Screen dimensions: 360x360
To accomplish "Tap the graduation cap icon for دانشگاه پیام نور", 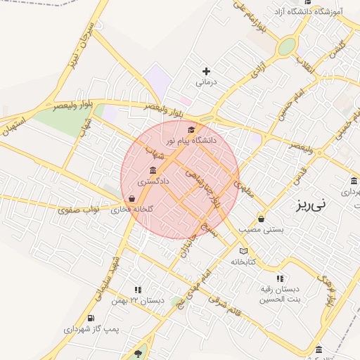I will tap(191, 129).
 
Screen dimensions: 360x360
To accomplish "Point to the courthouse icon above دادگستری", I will tap(153, 171).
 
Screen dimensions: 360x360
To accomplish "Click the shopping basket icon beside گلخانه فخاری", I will tap(132, 198).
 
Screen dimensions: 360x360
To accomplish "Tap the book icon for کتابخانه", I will tap(243, 251).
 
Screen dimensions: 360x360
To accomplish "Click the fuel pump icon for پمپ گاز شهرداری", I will tap(91, 318).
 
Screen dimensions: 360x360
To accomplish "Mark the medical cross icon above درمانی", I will tap(206, 71).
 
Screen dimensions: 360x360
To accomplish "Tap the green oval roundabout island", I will tap(287, 46).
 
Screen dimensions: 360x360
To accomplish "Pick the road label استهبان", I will tap(14, 127).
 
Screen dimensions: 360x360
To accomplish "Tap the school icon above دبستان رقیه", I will tap(281, 278).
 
